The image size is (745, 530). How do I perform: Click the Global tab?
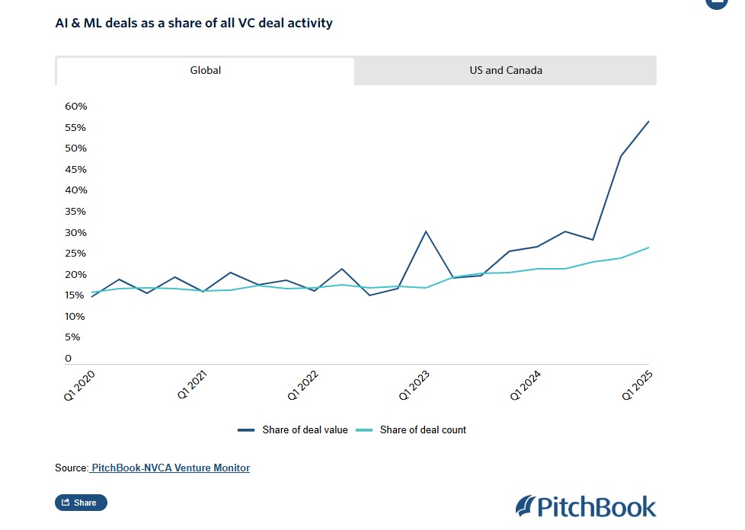tap(205, 71)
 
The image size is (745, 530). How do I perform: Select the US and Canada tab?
tap(506, 71)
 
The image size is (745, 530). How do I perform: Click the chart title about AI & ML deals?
tap(193, 23)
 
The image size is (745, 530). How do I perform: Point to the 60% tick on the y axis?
tap(76, 107)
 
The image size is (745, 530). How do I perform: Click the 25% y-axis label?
tap(76, 254)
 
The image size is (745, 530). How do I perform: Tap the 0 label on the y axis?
tap(68, 359)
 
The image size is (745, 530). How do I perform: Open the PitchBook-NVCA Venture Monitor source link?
tap(170, 468)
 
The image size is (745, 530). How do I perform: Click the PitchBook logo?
tap(585, 506)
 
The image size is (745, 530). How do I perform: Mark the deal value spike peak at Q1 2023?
tap(426, 231)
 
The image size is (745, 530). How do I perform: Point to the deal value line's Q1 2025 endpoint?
tap(648, 121)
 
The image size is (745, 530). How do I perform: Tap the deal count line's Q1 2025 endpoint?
tap(648, 247)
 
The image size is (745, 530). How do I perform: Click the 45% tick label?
tap(76, 169)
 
